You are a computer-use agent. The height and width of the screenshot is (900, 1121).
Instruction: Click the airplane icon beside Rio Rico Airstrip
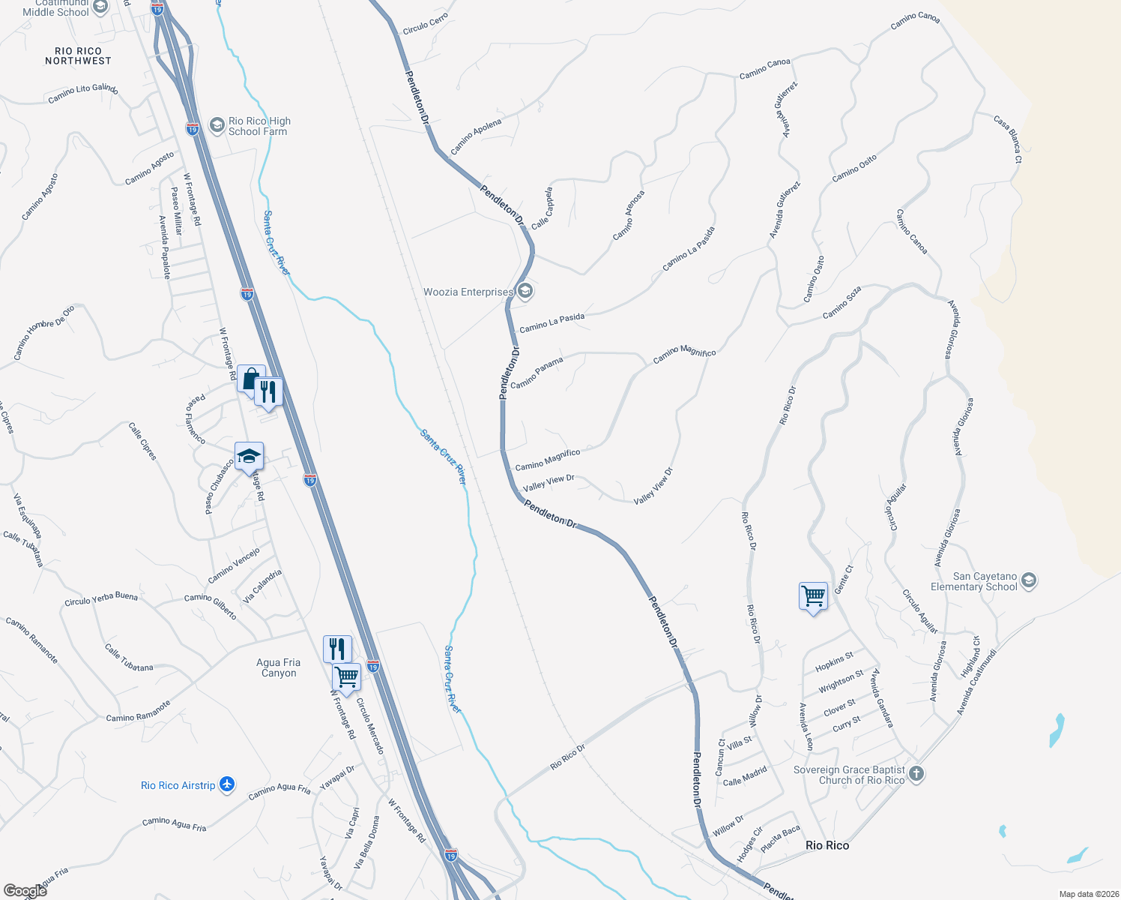pyautogui.click(x=227, y=784)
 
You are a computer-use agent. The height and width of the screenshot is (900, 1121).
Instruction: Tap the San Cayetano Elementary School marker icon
pyautogui.click(x=1028, y=581)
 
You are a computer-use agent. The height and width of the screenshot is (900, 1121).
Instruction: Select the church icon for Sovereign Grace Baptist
pyautogui.click(x=916, y=774)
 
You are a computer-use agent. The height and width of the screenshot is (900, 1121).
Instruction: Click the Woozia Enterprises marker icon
pyautogui.click(x=525, y=291)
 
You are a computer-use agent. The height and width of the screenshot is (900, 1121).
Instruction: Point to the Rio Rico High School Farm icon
pyautogui.click(x=217, y=125)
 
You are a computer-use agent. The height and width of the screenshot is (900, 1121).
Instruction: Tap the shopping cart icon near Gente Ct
pyautogui.click(x=813, y=596)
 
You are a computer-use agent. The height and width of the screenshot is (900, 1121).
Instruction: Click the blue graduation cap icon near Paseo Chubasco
pyautogui.click(x=249, y=455)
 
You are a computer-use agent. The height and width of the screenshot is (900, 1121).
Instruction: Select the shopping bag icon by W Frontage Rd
pyautogui.click(x=251, y=378)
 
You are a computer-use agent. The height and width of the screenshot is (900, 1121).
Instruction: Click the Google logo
pyautogui.click(x=25, y=890)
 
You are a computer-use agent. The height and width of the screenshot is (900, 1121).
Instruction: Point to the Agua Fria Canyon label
pyautogui.click(x=279, y=667)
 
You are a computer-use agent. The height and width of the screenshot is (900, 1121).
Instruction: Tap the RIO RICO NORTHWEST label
pyautogui.click(x=78, y=56)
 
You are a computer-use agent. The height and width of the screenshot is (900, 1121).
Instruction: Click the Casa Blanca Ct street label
pyautogui.click(x=1008, y=139)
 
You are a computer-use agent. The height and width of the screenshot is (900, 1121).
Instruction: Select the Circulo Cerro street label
pyautogui.click(x=425, y=24)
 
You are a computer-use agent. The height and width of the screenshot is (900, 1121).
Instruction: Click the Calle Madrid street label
pyautogui.click(x=745, y=776)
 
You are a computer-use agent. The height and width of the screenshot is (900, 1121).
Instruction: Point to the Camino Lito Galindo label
pyautogui.click(x=83, y=93)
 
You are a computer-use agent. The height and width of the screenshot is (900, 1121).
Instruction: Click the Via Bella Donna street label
pyautogui.click(x=367, y=841)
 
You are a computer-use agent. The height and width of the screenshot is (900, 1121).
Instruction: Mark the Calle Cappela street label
pyautogui.click(x=542, y=208)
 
